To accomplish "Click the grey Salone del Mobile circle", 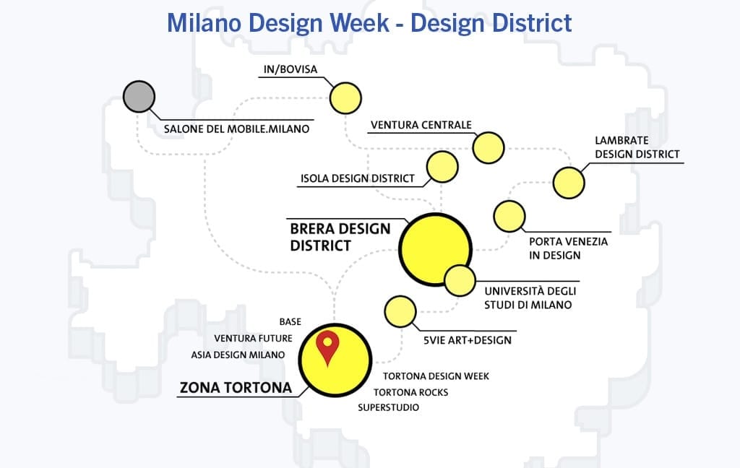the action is pos(139,96).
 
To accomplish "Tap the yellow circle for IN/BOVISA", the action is pos(345,98).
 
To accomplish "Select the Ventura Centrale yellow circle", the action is pos(489,147).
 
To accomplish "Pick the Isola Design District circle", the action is pos(442,167).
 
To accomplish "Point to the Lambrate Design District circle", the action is pos(569,183).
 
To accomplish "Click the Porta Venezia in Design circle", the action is pos(509,216).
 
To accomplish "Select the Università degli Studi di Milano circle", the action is pos(460,281).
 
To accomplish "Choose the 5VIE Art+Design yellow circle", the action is pos(400,311).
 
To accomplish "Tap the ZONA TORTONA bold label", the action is pos(236,388).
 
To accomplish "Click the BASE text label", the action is pos(291,322).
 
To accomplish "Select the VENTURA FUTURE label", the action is pos(254,338).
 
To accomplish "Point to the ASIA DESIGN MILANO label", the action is pos(238,355).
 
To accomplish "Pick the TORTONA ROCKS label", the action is pos(411,392).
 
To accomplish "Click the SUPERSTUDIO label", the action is pos(388,407).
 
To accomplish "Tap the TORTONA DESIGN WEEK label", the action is pos(436,376).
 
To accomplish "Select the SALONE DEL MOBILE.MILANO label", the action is pos(236,129).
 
